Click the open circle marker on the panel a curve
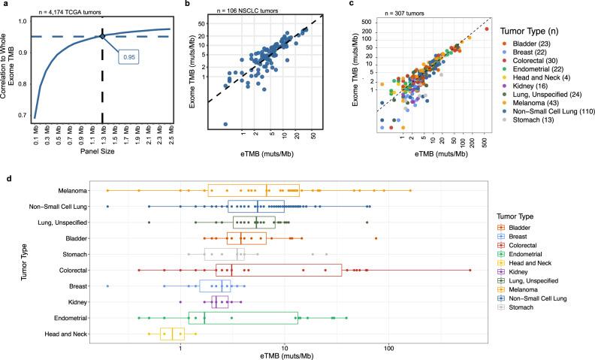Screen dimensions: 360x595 (x=102, y=35)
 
